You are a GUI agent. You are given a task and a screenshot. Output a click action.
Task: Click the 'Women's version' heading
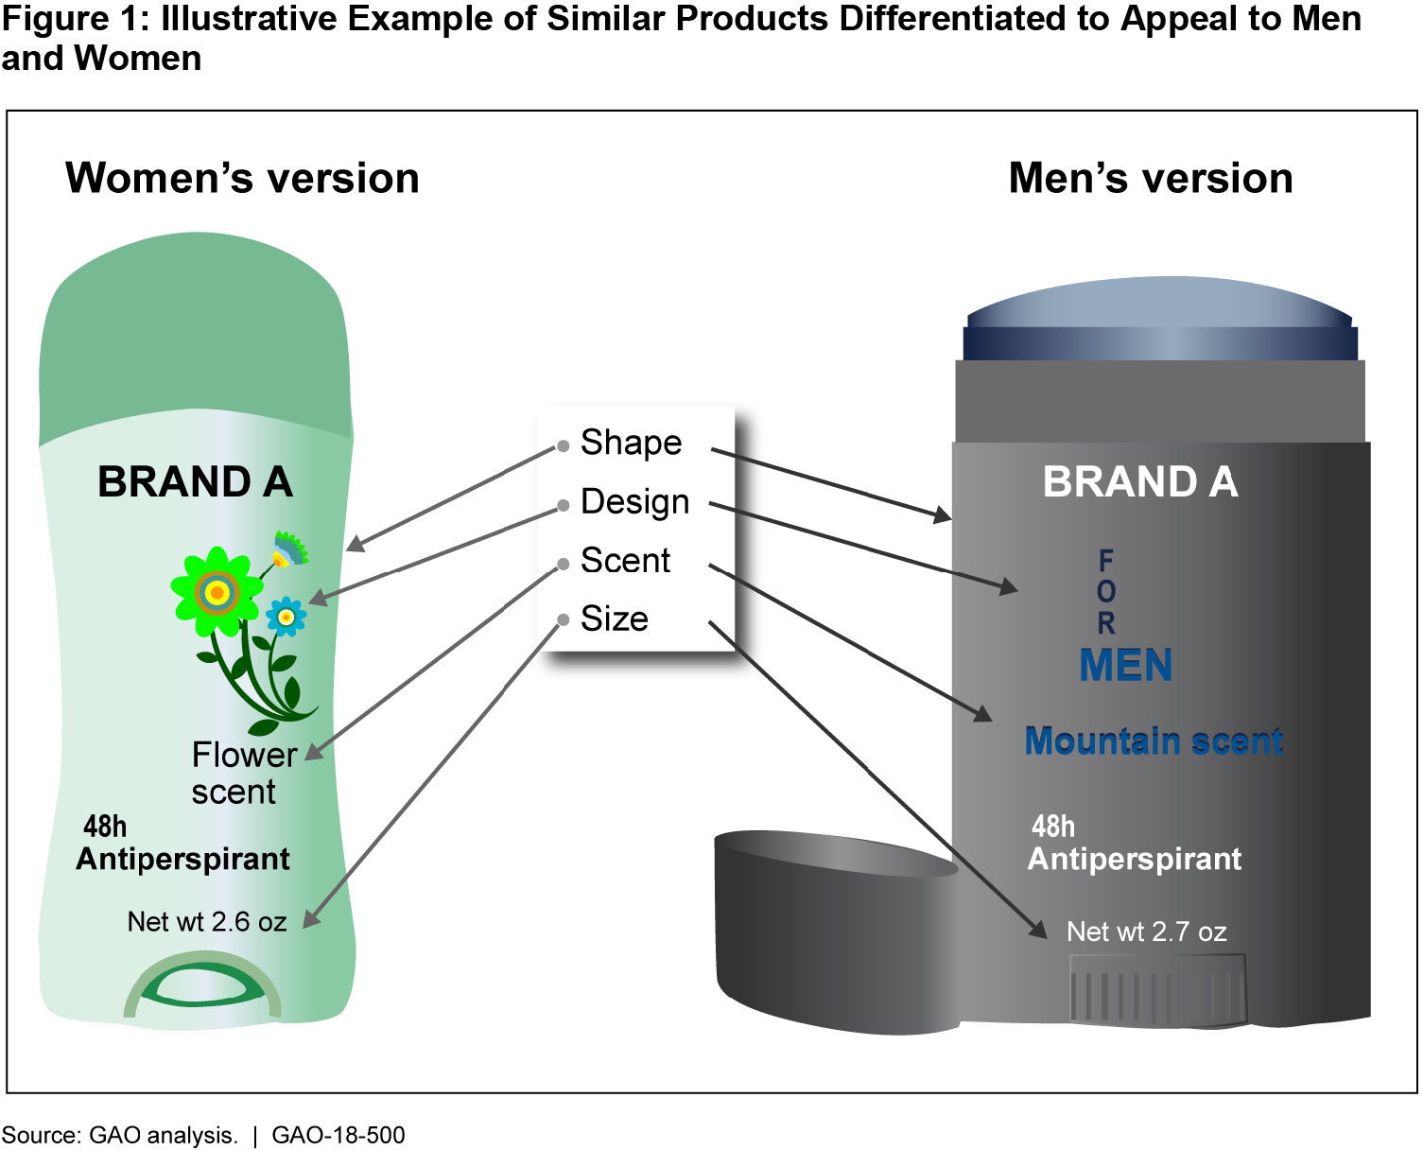(242, 179)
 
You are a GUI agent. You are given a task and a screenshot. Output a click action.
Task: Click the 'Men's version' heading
(1151, 179)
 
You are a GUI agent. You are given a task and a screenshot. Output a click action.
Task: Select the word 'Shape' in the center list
(631, 443)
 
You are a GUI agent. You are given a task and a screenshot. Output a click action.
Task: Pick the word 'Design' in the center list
(634, 502)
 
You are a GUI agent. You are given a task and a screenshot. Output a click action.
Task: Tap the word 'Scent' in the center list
(625, 561)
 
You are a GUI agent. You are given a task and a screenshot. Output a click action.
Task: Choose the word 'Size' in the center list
(614, 619)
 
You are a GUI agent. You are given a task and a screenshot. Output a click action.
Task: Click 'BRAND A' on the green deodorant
(195, 482)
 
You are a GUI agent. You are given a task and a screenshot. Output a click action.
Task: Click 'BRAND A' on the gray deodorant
(1140, 482)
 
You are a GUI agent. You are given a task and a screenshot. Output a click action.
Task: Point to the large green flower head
(217, 592)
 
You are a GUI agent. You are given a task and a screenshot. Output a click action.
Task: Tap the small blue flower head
(286, 617)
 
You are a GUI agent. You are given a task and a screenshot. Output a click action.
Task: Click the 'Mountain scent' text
(1154, 741)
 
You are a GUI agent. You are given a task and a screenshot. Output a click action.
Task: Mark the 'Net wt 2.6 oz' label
(207, 922)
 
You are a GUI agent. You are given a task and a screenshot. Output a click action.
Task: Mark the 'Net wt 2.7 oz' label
(1146, 932)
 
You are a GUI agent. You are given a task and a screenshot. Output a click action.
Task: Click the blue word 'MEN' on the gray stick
(1125, 666)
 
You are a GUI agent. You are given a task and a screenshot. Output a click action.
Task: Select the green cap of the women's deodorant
(194, 340)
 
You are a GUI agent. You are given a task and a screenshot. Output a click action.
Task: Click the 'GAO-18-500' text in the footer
(338, 1135)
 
